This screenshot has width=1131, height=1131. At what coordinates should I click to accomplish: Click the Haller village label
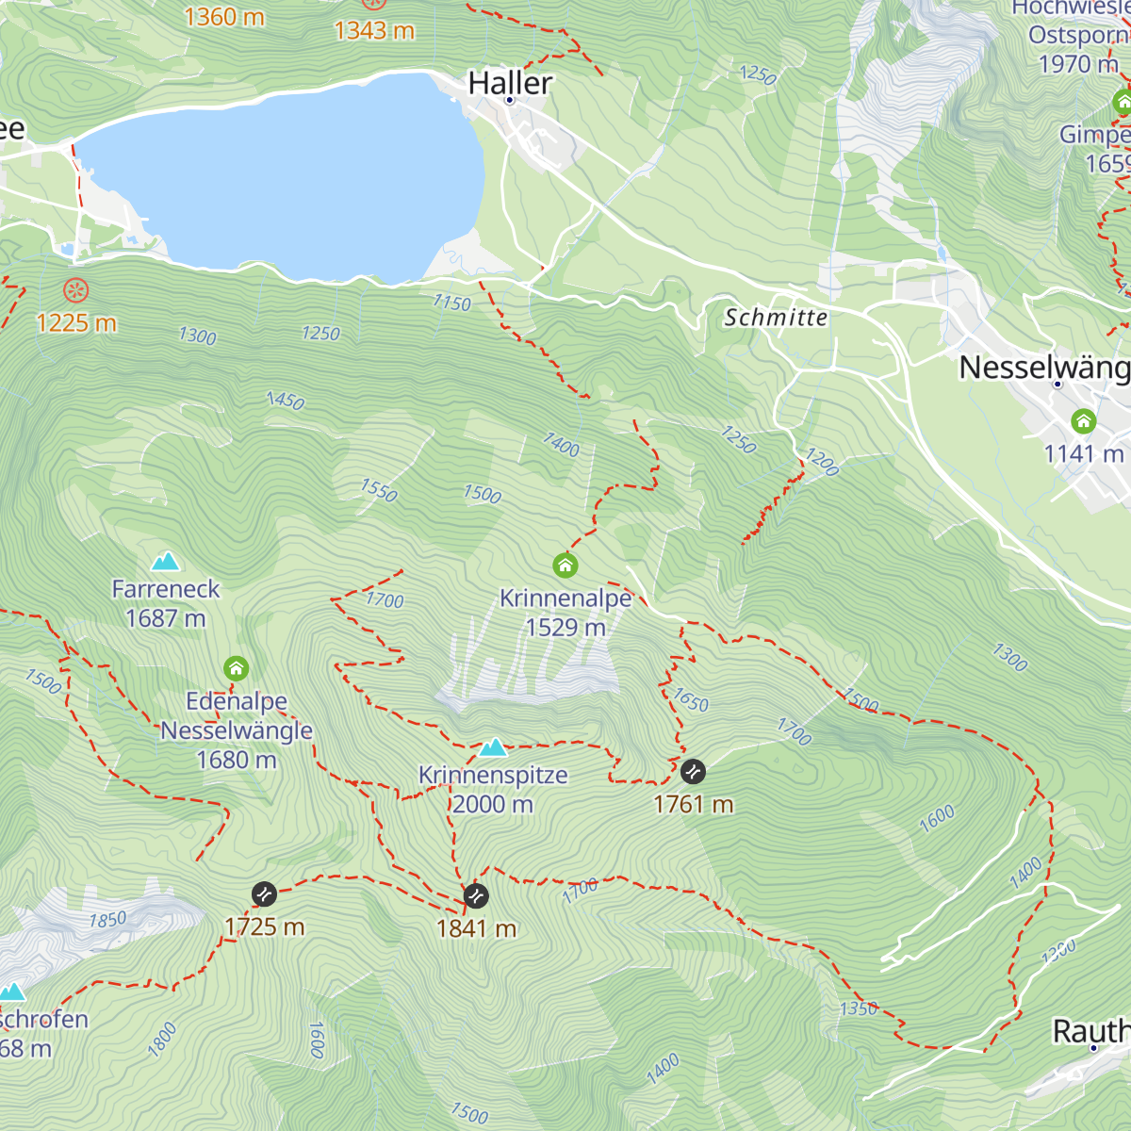click(x=510, y=83)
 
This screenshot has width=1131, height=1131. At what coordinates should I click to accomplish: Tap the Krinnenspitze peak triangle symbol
click(x=492, y=748)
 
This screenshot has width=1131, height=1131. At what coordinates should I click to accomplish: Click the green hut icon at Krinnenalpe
click(x=565, y=565)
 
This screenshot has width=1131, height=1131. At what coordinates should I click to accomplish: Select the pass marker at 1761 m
click(x=693, y=771)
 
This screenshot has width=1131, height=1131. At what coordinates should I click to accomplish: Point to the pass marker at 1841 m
click(x=476, y=895)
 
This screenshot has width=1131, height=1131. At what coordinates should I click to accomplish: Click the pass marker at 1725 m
click(x=264, y=893)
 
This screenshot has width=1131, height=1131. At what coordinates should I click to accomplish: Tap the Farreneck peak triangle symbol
click(x=166, y=562)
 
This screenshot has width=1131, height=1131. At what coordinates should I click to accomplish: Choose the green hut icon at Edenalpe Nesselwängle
click(x=236, y=669)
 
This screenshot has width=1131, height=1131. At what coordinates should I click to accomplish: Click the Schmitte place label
click(x=776, y=318)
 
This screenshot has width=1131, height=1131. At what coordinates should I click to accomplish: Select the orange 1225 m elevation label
click(x=76, y=323)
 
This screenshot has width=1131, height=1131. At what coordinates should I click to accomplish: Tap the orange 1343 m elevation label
click(x=374, y=31)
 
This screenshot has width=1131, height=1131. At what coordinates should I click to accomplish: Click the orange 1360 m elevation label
click(x=224, y=17)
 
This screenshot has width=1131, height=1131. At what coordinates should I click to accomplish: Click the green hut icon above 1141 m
click(x=1084, y=420)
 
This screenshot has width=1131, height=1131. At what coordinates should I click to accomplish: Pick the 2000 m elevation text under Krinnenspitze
click(x=492, y=804)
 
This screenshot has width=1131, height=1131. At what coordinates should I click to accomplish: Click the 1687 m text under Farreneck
click(x=166, y=618)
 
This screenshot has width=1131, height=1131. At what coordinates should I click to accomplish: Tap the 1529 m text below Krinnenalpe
click(x=565, y=627)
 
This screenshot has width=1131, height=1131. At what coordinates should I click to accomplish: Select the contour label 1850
click(x=107, y=919)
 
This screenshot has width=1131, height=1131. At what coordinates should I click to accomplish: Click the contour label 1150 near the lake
click(x=451, y=303)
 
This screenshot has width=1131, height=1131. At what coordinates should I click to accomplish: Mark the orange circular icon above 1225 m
click(x=75, y=290)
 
